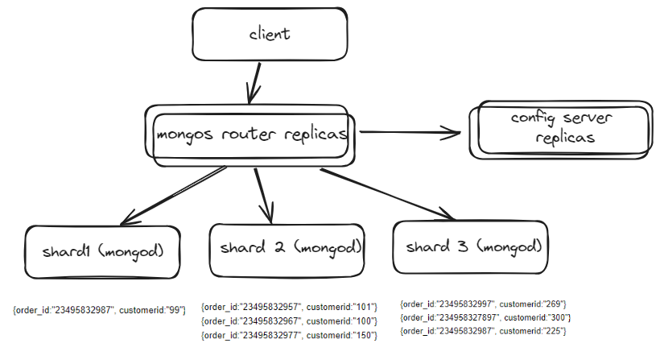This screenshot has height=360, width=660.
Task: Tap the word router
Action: coord(250,134)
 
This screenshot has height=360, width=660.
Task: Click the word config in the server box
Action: coord(534,118)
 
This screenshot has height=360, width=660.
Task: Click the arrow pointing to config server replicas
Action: coord(410,134)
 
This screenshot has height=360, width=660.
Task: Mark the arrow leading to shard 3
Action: coord(386,193)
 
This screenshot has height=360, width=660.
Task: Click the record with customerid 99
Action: coord(99,309)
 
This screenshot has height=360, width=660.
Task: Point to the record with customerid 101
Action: coord(289,306)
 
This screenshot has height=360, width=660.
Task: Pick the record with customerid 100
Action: coord(289,321)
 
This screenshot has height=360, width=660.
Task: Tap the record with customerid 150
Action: coord(289,335)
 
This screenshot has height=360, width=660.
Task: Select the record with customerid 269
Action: coord(485,304)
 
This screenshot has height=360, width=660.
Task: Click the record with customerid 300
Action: coord(485,317)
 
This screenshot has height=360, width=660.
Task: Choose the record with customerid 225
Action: coord(485,331)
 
